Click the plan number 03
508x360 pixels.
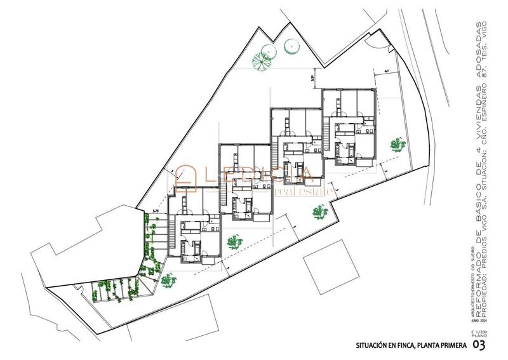point(481,345)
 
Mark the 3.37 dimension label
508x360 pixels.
point(311,78)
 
